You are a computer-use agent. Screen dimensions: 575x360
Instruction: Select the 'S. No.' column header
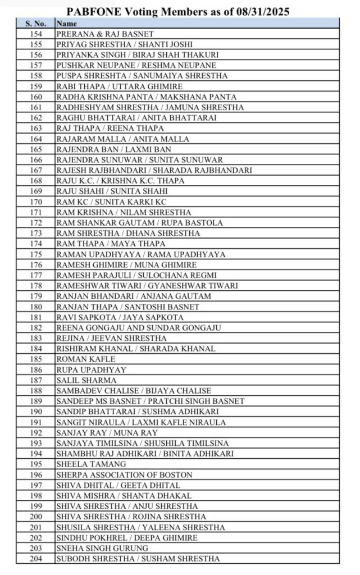pos(36,24)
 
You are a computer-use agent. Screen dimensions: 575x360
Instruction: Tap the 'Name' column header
pos(67,24)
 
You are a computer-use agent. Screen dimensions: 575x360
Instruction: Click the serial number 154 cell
pos(36,34)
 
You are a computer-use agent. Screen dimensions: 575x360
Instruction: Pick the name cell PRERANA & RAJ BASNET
pos(105,34)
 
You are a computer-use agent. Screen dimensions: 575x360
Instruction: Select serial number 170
pos(36,202)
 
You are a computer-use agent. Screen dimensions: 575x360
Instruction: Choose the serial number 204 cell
pos(36,559)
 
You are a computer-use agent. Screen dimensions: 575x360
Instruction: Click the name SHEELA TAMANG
pos(91,464)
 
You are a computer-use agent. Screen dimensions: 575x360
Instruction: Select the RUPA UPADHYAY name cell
pos(91,369)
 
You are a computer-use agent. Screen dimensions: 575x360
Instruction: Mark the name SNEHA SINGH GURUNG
pos(102,548)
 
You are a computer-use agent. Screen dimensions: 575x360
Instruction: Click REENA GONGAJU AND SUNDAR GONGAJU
pos(138,327)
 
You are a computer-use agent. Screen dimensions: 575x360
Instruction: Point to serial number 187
pos(36,380)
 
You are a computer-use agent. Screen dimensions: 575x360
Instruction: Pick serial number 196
pos(36,474)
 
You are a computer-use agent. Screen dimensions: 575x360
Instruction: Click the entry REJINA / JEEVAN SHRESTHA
pos(111,338)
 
